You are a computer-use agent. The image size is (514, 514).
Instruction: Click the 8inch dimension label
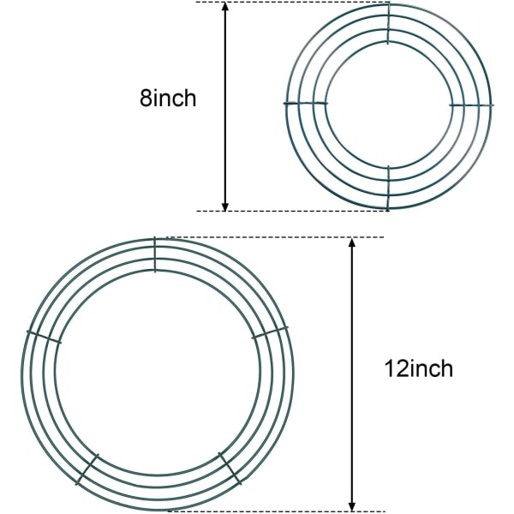[168, 98]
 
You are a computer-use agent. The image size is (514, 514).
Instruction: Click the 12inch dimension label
[419, 368]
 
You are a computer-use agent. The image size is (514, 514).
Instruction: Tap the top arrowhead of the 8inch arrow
[224, 7]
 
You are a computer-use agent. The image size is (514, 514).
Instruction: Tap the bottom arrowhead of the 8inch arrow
[224, 206]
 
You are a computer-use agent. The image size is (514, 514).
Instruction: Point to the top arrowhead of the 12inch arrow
[352, 243]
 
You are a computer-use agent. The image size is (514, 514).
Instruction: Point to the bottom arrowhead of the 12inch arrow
[352, 506]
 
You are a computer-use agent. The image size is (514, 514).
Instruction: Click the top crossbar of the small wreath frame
[388, 24]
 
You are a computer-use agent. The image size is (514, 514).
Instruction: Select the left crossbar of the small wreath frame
[306, 104]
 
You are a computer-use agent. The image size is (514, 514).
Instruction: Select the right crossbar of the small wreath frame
[471, 105]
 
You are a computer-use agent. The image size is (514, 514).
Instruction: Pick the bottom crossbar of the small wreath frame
[388, 188]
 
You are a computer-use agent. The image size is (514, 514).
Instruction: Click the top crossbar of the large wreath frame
[155, 254]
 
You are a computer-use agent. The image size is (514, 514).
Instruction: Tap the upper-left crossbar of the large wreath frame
[44, 338]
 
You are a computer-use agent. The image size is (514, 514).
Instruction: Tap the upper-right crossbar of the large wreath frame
[270, 332]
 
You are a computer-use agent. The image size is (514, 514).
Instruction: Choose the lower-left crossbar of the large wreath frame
[87, 469]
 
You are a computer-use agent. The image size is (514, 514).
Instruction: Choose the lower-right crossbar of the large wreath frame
[230, 469]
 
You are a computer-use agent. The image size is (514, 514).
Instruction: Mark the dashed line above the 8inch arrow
[292, 2]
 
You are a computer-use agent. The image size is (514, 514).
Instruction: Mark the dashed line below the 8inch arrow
[292, 211]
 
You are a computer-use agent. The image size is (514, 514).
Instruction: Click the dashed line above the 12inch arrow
[275, 237]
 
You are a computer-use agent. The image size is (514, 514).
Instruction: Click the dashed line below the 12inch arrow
[276, 511]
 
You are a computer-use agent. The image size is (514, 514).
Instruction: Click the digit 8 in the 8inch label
[146, 98]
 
